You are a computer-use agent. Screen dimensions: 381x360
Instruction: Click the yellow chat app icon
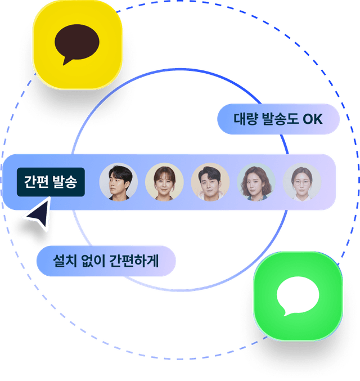click(77, 44)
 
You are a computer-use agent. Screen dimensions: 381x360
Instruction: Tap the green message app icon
click(298, 295)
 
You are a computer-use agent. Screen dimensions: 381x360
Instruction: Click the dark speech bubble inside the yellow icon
click(77, 43)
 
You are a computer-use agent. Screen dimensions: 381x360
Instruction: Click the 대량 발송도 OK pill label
click(278, 119)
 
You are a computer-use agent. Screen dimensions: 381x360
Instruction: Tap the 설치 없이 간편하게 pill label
click(106, 261)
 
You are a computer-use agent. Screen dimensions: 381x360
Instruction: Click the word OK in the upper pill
click(313, 119)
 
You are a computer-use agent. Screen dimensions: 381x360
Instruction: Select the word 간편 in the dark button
click(36, 182)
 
